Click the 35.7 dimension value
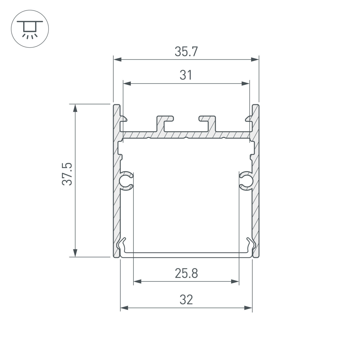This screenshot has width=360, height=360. pos(186,52)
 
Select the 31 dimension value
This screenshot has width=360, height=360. pos(186,75)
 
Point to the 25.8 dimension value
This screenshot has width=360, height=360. pos(186,274)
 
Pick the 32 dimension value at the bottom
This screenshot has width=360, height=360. pos(186,300)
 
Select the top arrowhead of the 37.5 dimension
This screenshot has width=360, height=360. pos(75,108)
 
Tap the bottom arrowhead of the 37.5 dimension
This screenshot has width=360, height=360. pos(75,253)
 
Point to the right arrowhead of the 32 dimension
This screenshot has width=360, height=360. pos(248,308)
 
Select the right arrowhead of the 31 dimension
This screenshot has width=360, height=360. pos(246,84)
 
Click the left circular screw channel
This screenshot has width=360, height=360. pos(126,181)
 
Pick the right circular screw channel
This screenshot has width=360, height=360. pos(246,181)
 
